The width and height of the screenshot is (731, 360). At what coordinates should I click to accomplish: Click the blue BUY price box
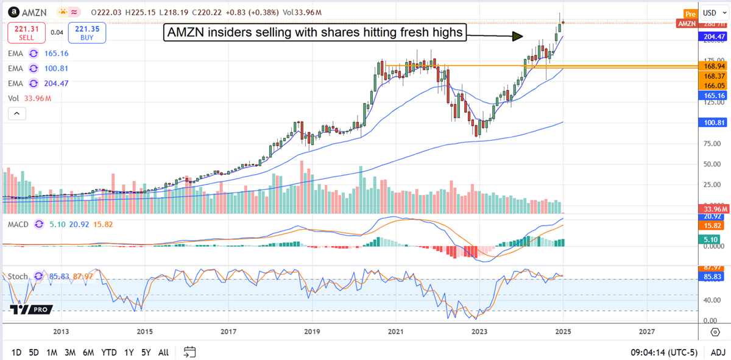87,33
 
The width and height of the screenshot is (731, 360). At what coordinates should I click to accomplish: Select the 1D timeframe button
16,352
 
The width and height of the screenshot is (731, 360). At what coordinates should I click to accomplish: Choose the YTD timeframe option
109,352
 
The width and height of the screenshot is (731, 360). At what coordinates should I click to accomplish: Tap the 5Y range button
146,352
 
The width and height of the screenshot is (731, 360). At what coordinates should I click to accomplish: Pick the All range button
163,352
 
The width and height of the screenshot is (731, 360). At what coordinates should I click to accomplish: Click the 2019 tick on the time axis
312,332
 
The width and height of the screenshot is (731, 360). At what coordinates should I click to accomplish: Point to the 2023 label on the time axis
479,332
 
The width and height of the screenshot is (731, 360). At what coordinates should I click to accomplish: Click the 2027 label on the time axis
647,332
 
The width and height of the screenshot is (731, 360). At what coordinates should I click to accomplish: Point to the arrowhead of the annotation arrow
517,36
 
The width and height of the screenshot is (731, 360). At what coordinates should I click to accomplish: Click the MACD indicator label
19,225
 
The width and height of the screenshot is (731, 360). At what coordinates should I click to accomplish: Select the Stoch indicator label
18,276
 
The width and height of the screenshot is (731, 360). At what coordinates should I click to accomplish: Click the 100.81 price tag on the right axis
713,123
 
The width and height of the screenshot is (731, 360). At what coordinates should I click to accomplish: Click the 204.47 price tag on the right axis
713,37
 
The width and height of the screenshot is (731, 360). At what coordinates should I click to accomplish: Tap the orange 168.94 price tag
713,66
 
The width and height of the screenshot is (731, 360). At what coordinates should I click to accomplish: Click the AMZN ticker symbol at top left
32,13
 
